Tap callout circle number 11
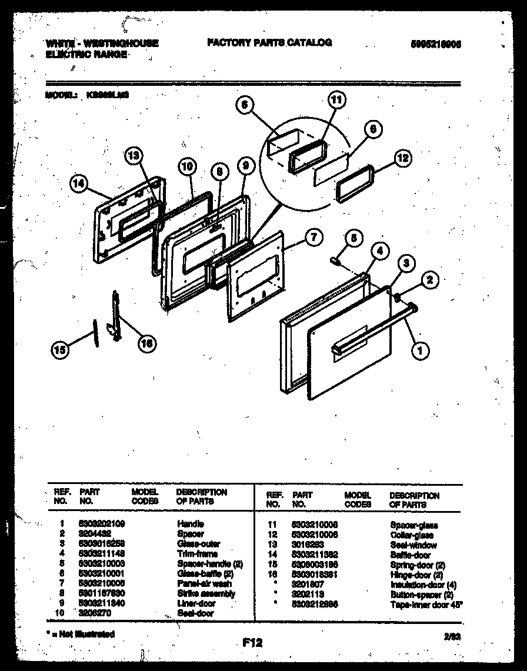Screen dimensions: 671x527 pos(335,101)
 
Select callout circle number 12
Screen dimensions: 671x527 pos(402,157)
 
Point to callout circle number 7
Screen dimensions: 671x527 pos(315,238)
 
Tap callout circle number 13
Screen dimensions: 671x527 pos(134,155)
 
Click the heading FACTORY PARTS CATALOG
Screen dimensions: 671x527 pos(269,42)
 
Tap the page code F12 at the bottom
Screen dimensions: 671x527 pos(251,643)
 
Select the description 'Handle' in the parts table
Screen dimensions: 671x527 pos(191,523)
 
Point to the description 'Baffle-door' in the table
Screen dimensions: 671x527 pos(410,555)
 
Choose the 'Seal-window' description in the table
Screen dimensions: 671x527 pos(413,545)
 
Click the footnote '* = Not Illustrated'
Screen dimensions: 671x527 pos(79,634)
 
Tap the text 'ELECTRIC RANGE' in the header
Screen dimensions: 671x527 pos(86,54)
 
